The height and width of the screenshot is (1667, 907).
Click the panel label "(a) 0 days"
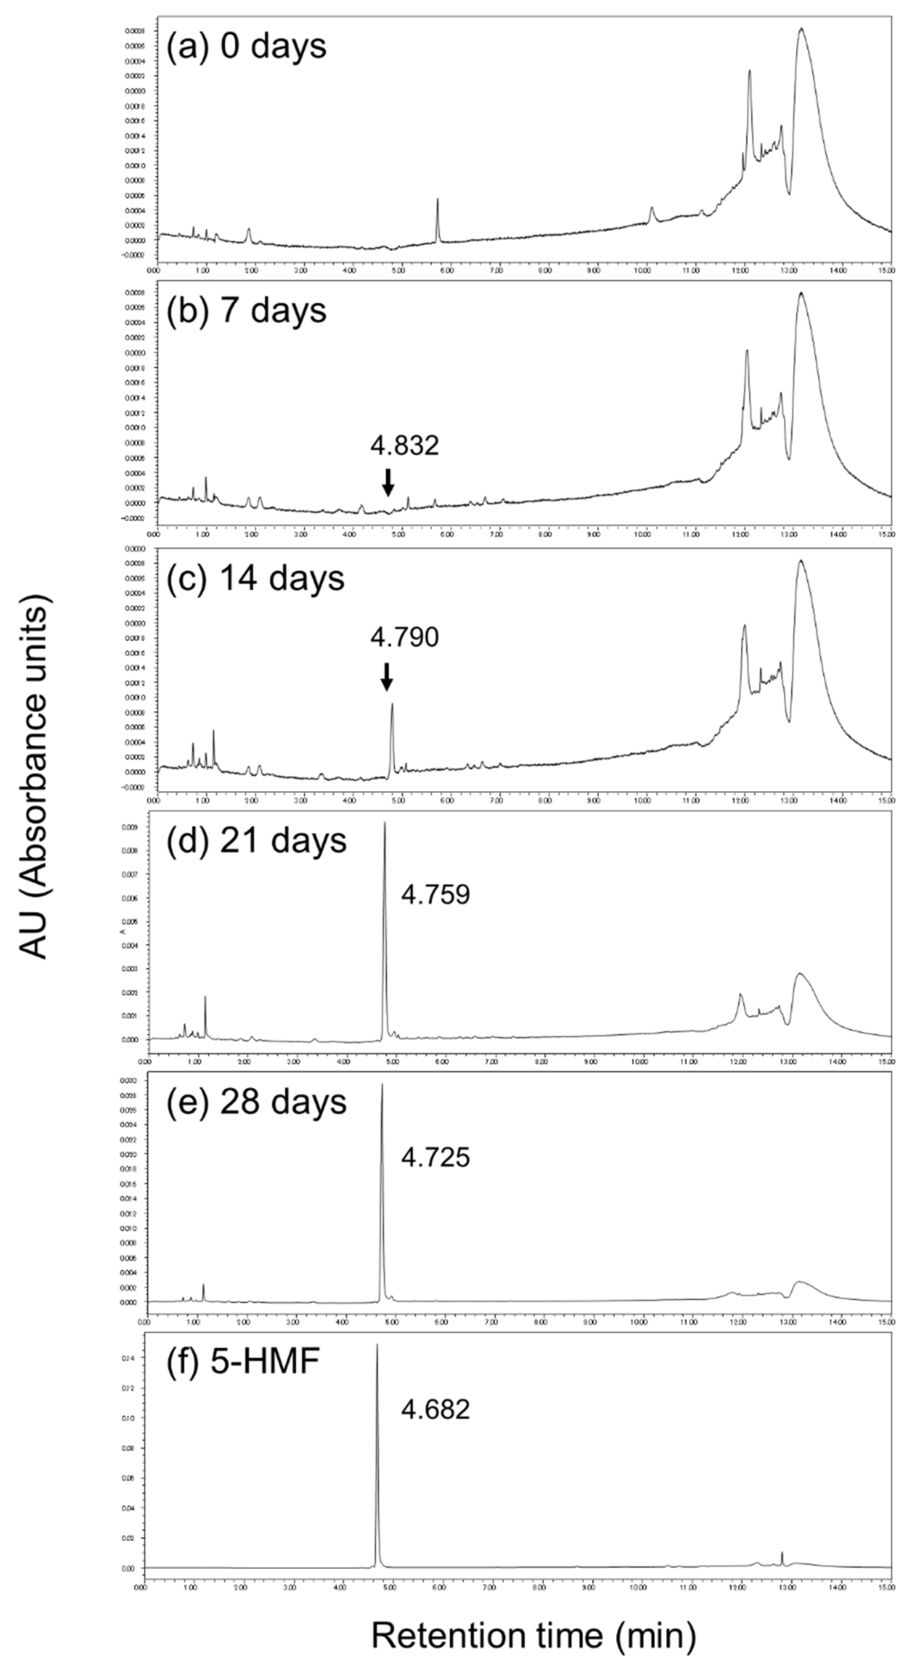point(246,46)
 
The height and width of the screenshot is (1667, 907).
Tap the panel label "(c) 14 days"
point(256,578)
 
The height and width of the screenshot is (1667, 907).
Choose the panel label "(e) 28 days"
point(257,1102)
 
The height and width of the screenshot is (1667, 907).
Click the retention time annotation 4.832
point(404,445)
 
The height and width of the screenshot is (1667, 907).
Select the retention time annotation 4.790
point(404,638)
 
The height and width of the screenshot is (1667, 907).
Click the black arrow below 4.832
point(388,481)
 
